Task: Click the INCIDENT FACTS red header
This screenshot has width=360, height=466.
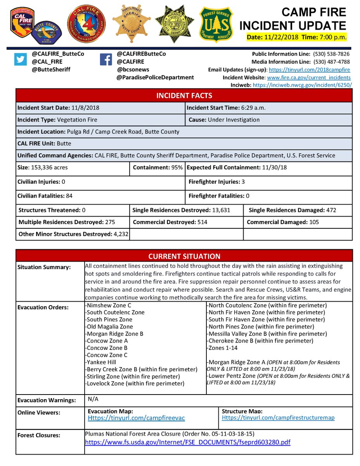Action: coord(184,96)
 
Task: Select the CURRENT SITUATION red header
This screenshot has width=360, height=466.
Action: coord(184,256)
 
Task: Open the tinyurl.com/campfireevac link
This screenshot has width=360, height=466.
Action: coord(136,418)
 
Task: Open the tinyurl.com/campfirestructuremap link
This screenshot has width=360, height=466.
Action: coord(278,418)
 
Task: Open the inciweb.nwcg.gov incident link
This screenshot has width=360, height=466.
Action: coord(302,84)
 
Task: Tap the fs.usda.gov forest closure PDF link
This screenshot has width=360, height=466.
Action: coord(187,442)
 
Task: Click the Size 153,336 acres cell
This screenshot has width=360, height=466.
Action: coord(73,168)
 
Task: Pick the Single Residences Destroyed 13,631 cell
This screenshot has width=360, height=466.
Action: coord(186,210)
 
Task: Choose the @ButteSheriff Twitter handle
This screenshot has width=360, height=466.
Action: coord(51,70)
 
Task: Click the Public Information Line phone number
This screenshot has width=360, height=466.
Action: coord(332,54)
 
